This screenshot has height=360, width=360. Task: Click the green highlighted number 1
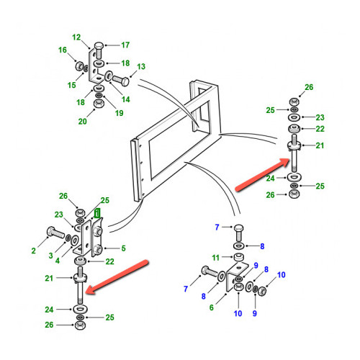pyautogui.click(x=97, y=213)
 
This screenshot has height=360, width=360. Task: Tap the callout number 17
pyautogui.click(x=125, y=45)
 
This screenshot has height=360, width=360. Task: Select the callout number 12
pyautogui.click(x=76, y=37)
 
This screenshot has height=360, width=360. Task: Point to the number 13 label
pyautogui.click(x=141, y=66)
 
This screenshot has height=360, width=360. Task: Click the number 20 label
pyautogui.click(x=82, y=122)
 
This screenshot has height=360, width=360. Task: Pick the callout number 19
pyautogui.click(x=120, y=113)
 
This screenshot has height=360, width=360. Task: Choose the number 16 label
pyautogui.click(x=63, y=50)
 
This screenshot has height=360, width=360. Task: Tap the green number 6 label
pyautogui.click(x=212, y=307)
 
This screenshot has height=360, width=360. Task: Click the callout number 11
pyautogui.click(x=215, y=258)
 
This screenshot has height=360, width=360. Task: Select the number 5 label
pyautogui.click(x=123, y=248)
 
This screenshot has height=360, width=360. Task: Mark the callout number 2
pyautogui.click(x=34, y=251)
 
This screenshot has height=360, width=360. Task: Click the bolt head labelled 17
pyautogui.click(x=99, y=46)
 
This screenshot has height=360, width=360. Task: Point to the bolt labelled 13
pyautogui.click(x=121, y=81)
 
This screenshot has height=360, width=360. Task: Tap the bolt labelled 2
pyautogui.click(x=56, y=233)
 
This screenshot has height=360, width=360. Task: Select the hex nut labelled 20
pyautogui.click(x=98, y=104)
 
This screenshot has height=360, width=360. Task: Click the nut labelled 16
pyautogui.click(x=79, y=66)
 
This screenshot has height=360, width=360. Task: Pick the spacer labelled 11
pyautogui.click(x=238, y=256)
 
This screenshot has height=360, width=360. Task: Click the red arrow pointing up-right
pyautogui.click(x=263, y=175)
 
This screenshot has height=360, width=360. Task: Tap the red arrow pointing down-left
pyautogui.click(x=117, y=276)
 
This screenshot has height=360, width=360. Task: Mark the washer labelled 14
pyautogui.click(x=108, y=76)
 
